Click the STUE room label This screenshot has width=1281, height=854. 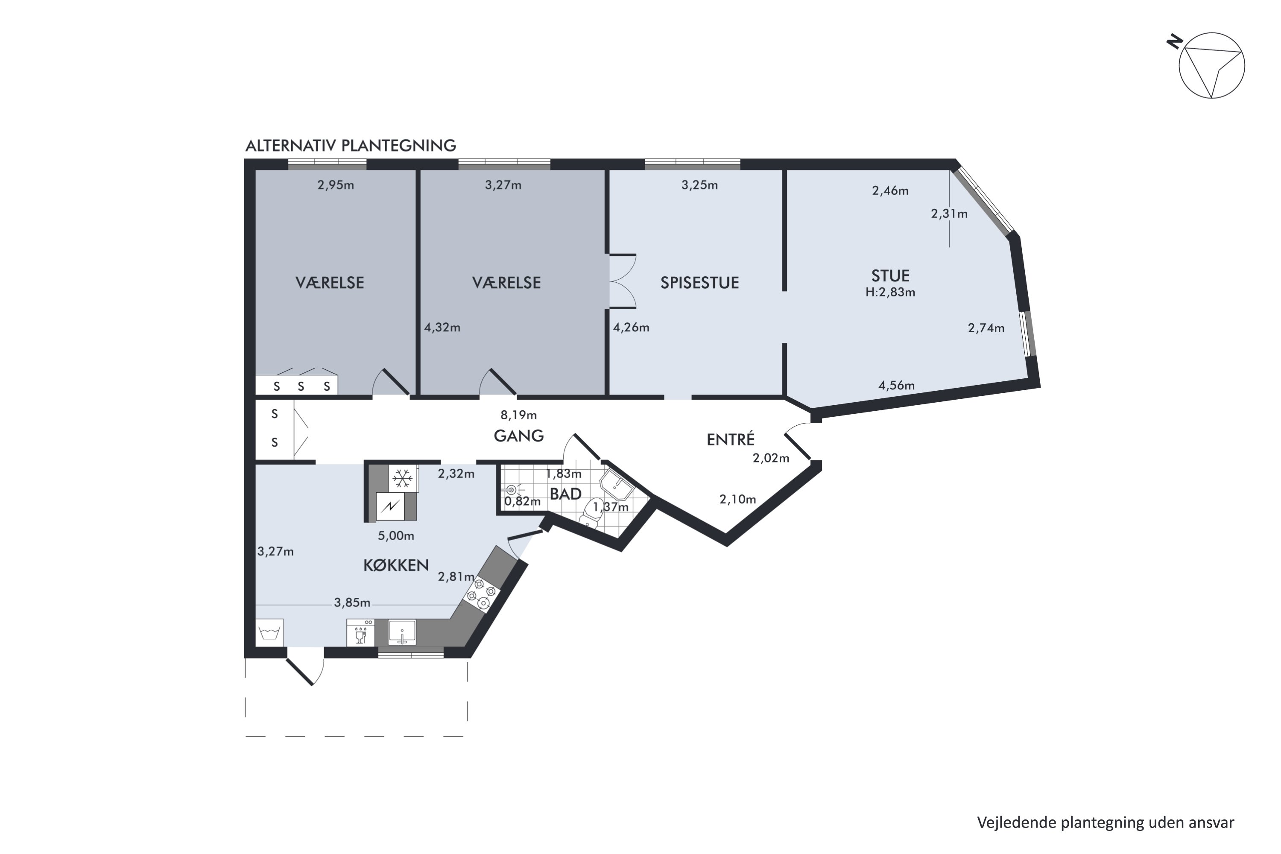point(890,275)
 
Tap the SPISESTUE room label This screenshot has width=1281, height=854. point(699,283)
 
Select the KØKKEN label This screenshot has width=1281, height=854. point(396,565)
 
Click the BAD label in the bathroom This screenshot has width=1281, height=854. point(565,494)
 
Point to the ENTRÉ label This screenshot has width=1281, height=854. point(730,439)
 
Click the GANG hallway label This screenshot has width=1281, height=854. point(518,436)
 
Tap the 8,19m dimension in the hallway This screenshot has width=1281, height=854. point(518,415)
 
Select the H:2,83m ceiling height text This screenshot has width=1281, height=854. point(890,292)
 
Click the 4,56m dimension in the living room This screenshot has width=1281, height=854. point(896,386)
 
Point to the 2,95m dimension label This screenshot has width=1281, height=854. point(336,185)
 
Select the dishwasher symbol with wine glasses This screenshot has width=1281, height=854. point(360,633)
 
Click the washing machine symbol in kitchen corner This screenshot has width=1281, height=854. point(269,632)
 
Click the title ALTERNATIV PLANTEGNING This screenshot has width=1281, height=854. point(350,146)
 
